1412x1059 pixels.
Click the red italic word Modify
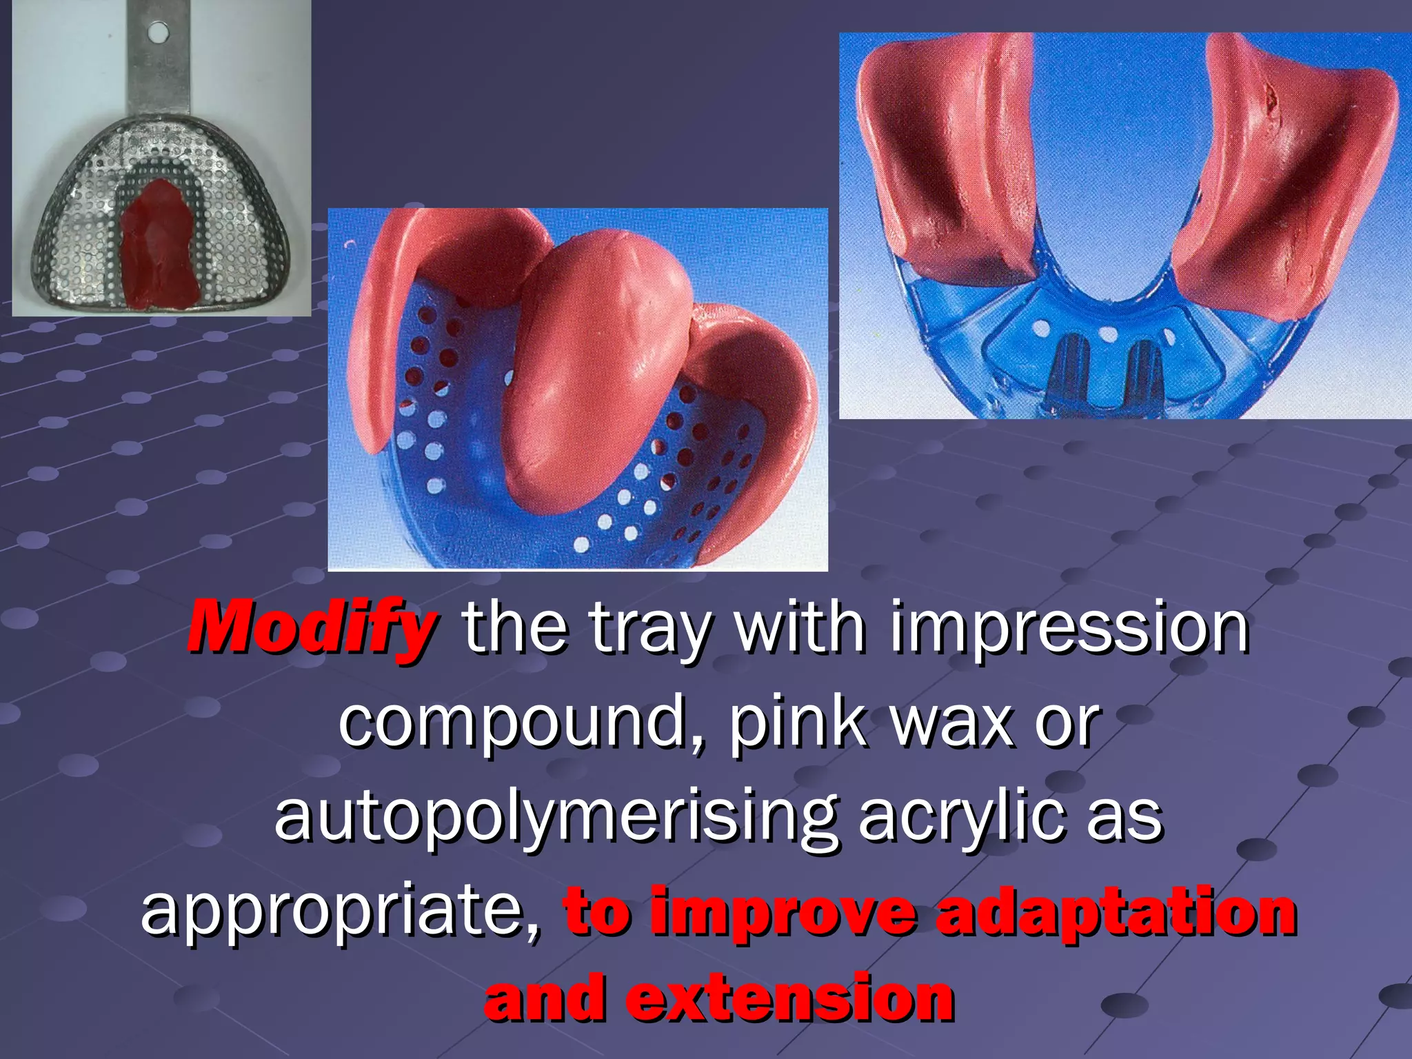click(312, 627)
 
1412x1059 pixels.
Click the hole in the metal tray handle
click(158, 30)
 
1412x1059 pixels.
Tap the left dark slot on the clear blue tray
click(1070, 372)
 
